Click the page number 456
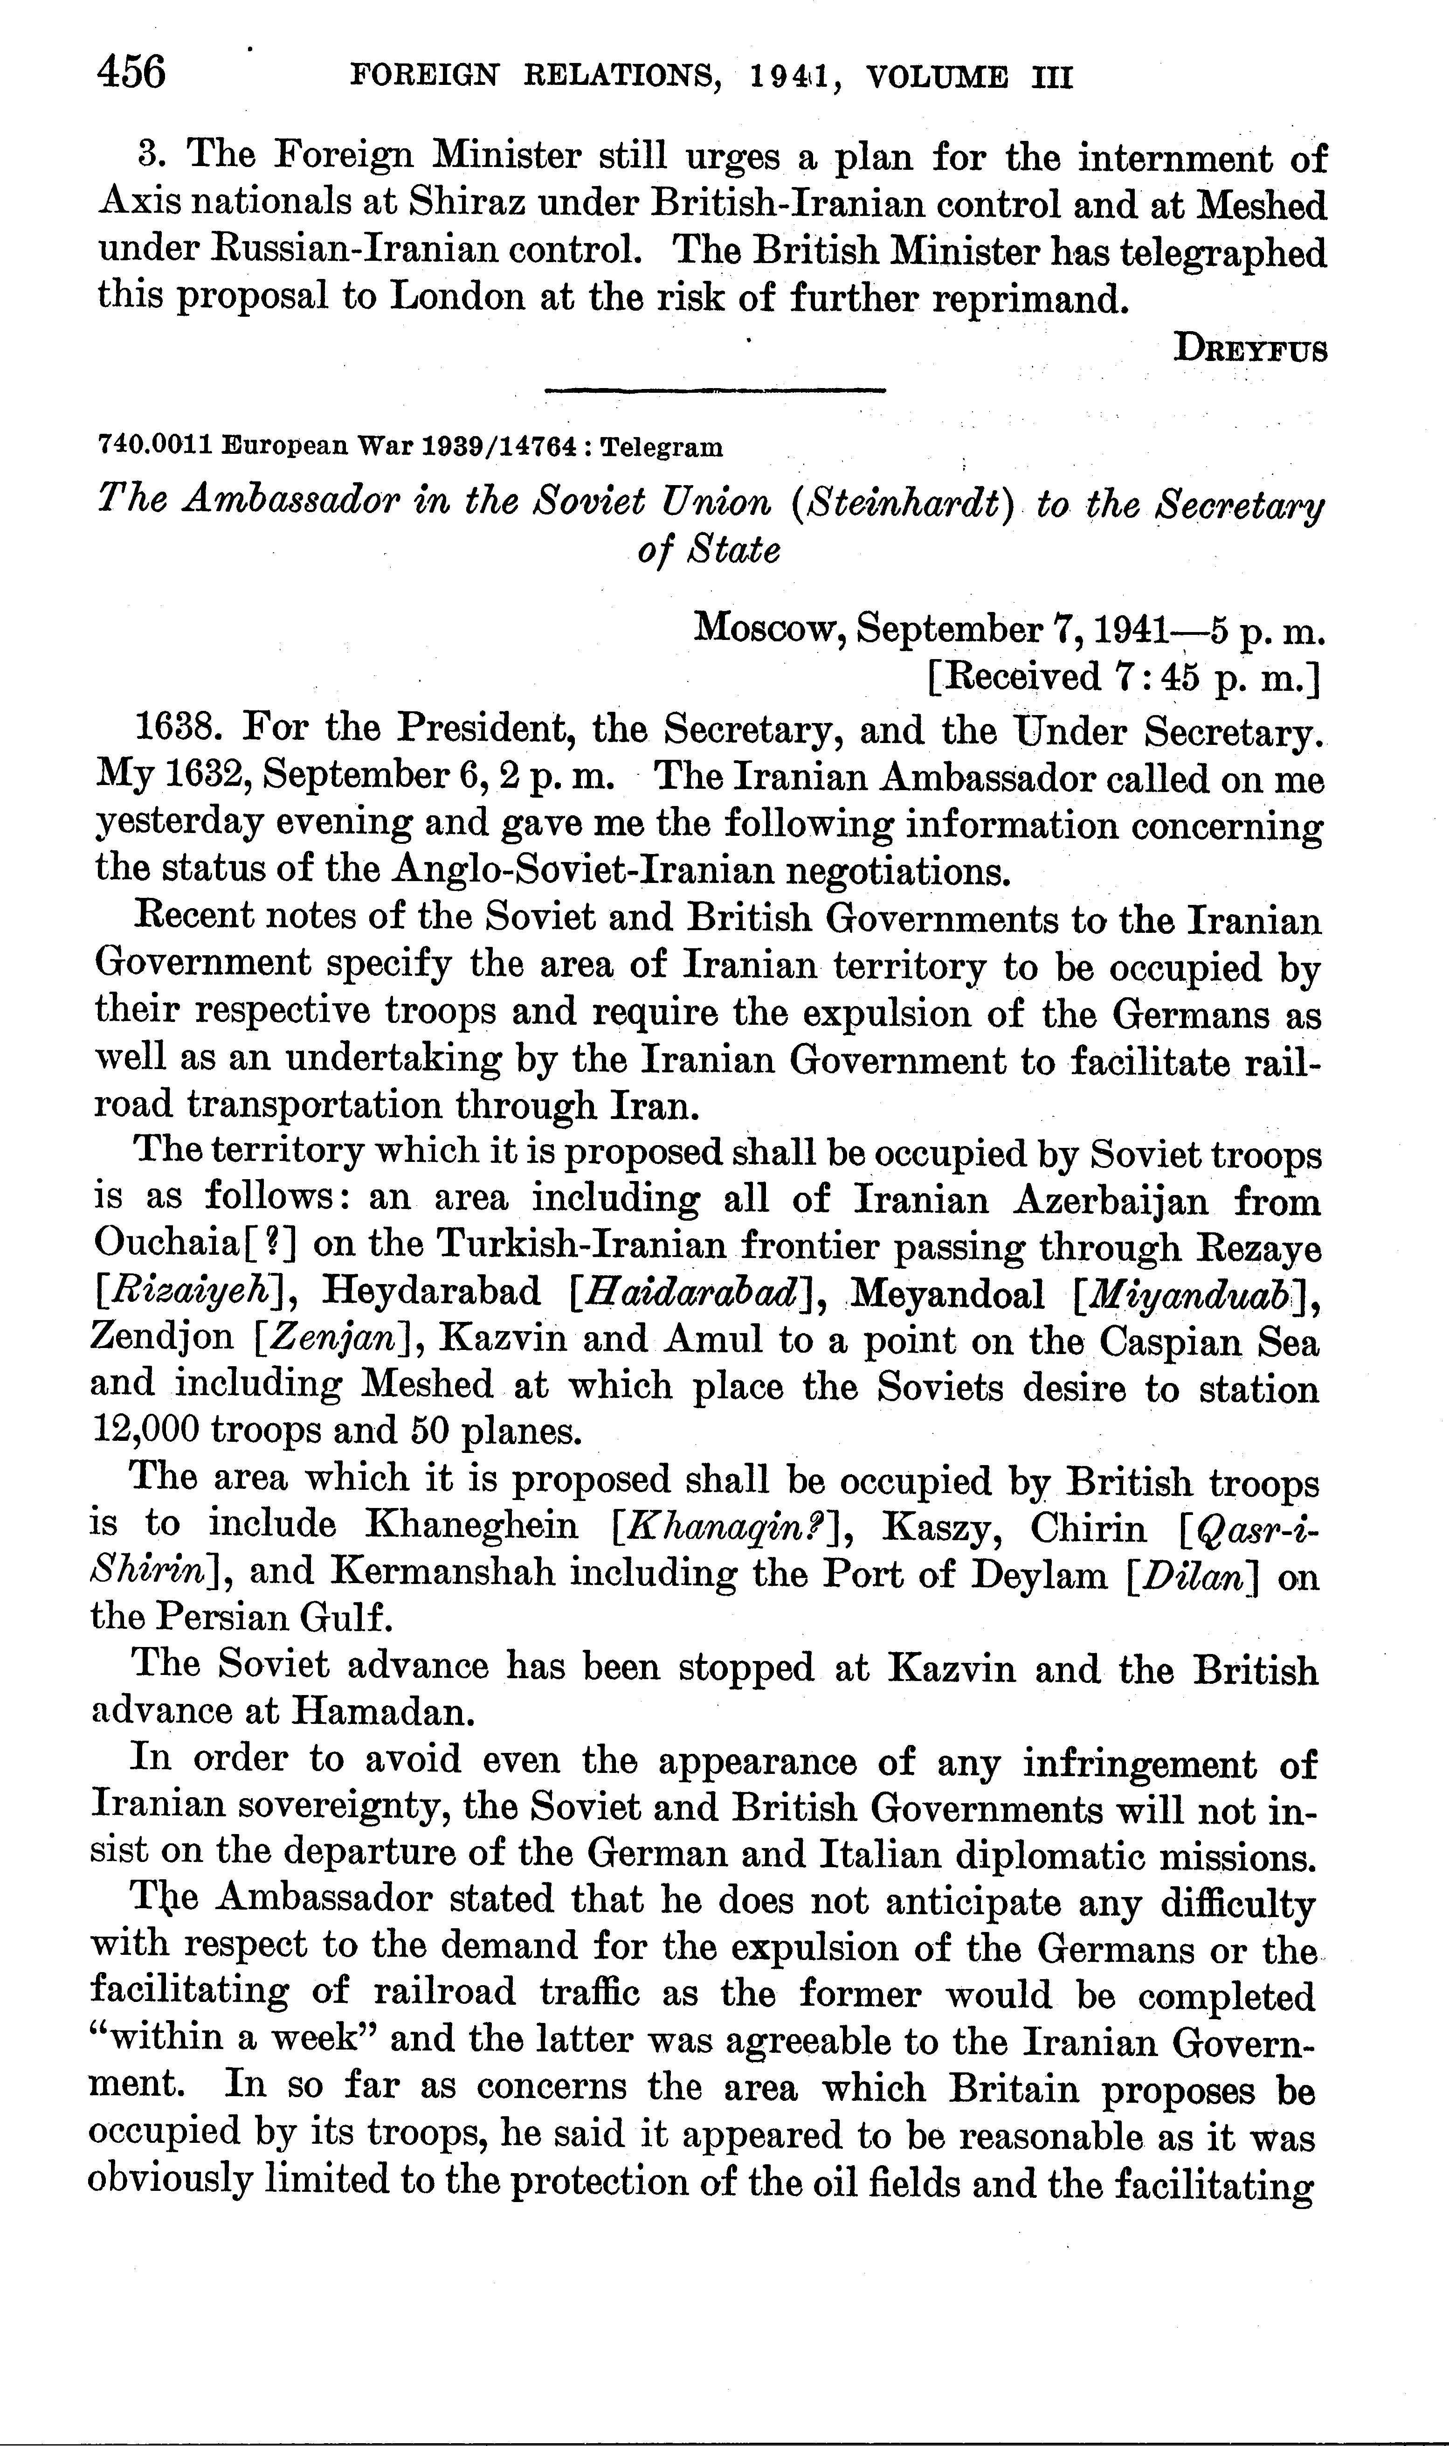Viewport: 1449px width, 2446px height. coord(132,73)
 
